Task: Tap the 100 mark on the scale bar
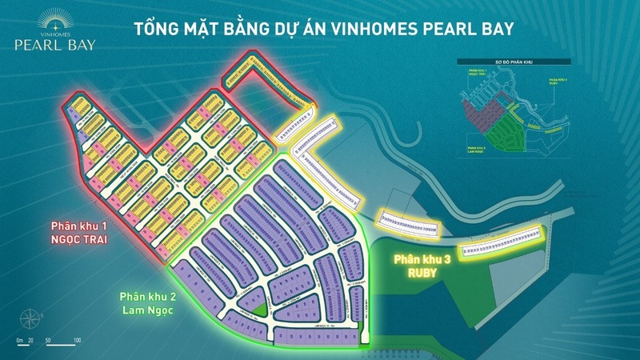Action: (x=78, y=341)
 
